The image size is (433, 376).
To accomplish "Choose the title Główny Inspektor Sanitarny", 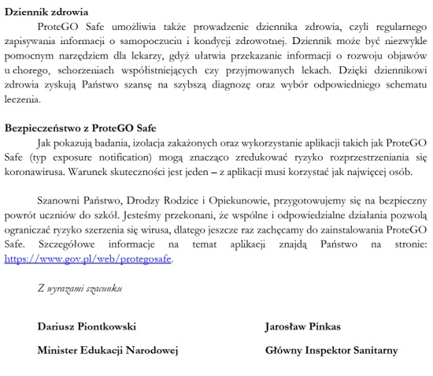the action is coord(331,349).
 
